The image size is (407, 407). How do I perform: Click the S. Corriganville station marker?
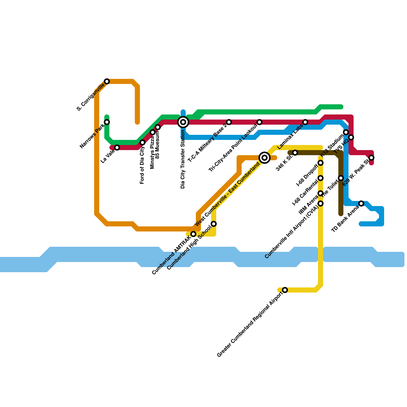pyautogui.click(x=107, y=81)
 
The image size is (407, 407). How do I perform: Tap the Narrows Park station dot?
pyautogui.click(x=107, y=122)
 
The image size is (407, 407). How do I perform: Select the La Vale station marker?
pyautogui.click(x=117, y=148)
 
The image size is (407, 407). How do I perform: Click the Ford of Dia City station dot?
pyautogui.click(x=142, y=142)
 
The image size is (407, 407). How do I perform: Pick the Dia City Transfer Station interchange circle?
pyautogui.click(x=183, y=122)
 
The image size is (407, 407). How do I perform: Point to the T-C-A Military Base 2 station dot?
pyautogui.click(x=229, y=122)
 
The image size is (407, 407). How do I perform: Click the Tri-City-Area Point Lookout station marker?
pyautogui.click(x=259, y=122)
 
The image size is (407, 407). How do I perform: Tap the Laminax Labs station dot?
pyautogui.click(x=305, y=122)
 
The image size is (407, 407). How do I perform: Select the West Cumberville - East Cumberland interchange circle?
pyautogui.click(x=265, y=158)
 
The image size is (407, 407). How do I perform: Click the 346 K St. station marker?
pyautogui.click(x=295, y=153)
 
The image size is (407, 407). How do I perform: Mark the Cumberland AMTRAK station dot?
pyautogui.click(x=193, y=234)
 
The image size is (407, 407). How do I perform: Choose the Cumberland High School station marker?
pyautogui.click(x=214, y=224)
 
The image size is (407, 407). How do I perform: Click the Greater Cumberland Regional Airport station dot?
pyautogui.click(x=285, y=290)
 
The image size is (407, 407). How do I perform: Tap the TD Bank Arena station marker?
pyautogui.click(x=361, y=203)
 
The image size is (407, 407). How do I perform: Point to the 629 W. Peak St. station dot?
pyautogui.click(x=371, y=158)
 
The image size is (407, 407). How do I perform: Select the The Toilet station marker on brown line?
pyautogui.click(x=341, y=178)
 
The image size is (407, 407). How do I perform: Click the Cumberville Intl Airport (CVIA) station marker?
pyautogui.click(x=321, y=203)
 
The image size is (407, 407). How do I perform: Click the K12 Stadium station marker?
pyautogui.click(x=346, y=132)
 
